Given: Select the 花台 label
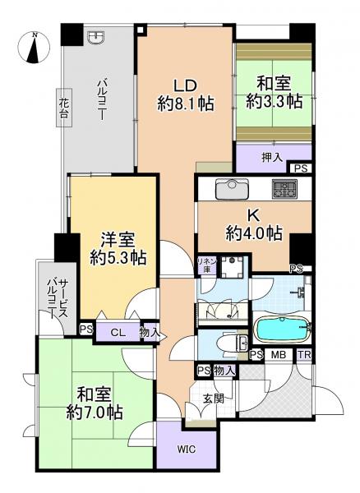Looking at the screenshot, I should [x=63, y=108].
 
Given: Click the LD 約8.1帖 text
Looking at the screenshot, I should [x=186, y=94].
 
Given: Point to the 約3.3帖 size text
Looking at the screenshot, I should [x=274, y=101].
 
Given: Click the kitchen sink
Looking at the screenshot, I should [x=233, y=188].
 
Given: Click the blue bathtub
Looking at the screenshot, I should [x=281, y=329].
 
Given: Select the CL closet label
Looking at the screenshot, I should [x=118, y=332].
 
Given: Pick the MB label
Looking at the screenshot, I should [x=279, y=354].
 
